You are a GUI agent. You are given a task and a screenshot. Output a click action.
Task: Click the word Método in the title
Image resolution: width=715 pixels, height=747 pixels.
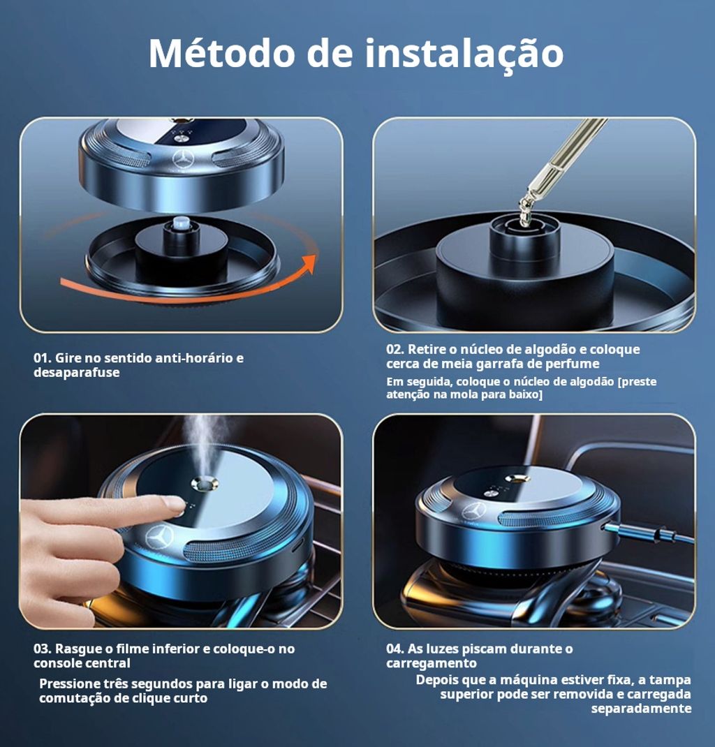point(222,52)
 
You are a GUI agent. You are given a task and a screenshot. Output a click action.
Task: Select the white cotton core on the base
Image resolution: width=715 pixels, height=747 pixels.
point(182,222)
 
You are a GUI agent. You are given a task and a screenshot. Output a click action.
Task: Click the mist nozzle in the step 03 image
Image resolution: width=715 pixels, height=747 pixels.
point(205,484)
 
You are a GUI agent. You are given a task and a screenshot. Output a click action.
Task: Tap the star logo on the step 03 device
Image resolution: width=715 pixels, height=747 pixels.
point(159,538)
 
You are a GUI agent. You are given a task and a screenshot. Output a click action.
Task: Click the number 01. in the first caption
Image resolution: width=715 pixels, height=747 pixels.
point(43,357)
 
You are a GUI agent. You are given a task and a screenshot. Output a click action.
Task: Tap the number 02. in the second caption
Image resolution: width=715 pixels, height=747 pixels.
point(395,349)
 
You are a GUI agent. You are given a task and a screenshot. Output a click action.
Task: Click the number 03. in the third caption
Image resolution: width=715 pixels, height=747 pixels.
point(43,649)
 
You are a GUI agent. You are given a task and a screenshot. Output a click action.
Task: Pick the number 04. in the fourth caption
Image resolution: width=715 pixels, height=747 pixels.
point(395,649)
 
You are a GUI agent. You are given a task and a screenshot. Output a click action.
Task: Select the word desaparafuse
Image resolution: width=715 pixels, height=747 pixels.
point(76,373)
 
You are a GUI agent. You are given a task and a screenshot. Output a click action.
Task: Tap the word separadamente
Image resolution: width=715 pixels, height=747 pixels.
point(641,709)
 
